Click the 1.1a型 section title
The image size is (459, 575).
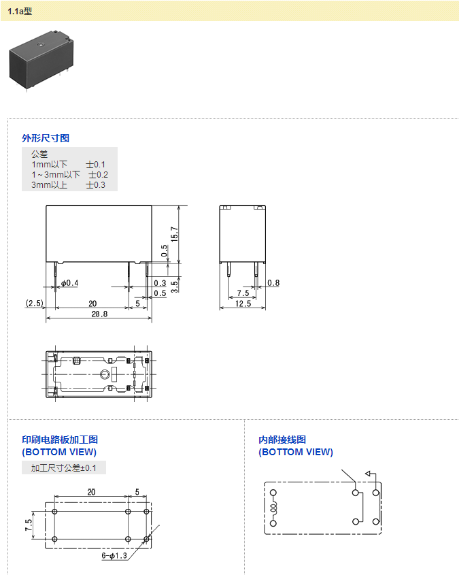click(20, 11)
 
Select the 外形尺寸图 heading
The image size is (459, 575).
click(46, 138)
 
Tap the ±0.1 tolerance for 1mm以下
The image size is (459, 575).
click(96, 165)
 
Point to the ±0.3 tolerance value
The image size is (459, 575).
click(96, 185)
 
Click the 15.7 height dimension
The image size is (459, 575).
click(175, 233)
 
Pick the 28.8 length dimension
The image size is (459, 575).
click(99, 314)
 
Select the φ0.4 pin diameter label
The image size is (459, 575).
click(70, 283)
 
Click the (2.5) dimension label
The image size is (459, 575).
click(34, 303)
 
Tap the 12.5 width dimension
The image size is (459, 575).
click(243, 303)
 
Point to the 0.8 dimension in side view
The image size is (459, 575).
click(273, 283)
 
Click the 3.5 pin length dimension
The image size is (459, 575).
click(175, 285)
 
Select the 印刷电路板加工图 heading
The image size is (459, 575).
click(60, 440)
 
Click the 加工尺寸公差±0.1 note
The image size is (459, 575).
click(64, 468)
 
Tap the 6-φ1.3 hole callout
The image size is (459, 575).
click(114, 556)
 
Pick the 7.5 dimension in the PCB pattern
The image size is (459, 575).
click(28, 525)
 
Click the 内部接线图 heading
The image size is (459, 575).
click(282, 440)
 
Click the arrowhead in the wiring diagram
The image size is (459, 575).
click(369, 474)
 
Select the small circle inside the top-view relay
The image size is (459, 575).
click(104, 374)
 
